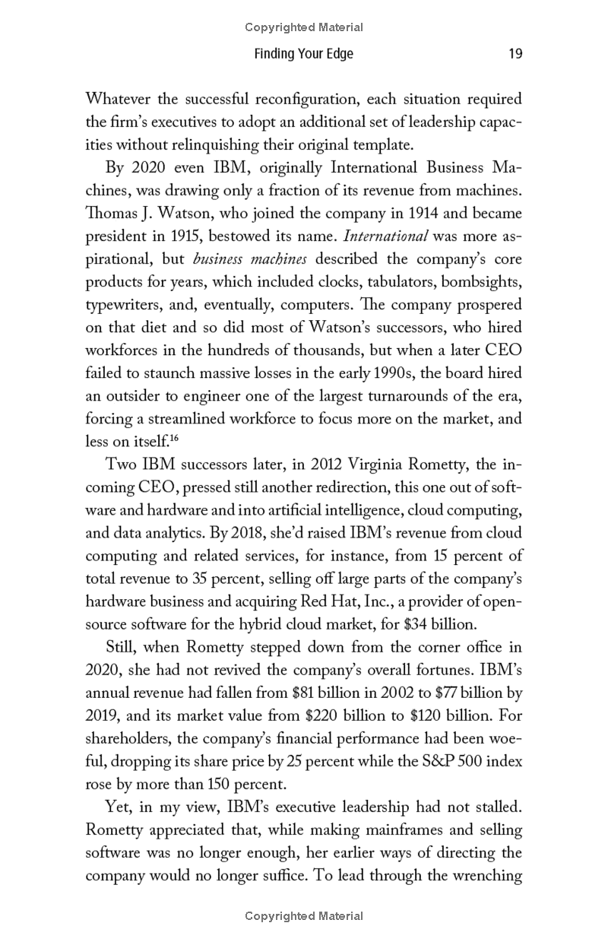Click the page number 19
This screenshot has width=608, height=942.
click(x=515, y=54)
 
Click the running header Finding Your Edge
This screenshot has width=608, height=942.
click(x=304, y=54)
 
